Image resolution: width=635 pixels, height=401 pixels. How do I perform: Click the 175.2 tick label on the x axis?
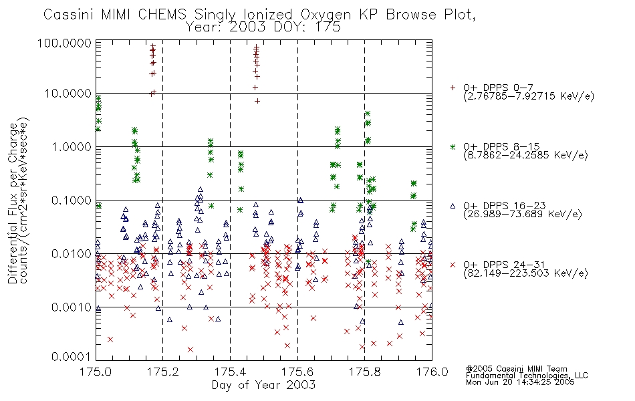[x=163, y=372]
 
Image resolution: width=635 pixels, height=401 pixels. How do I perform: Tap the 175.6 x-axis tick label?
[x=297, y=372]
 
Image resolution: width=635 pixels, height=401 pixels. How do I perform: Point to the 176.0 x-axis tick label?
[x=432, y=372]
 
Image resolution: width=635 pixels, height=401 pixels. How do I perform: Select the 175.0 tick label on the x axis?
[x=96, y=372]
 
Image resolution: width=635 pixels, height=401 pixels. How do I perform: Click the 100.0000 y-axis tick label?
[x=64, y=43]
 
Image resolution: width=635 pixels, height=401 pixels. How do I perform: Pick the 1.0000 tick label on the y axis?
[x=72, y=146]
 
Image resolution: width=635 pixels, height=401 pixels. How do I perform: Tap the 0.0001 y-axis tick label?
[x=72, y=357]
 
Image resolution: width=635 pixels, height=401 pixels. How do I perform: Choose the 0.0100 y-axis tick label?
[x=72, y=254]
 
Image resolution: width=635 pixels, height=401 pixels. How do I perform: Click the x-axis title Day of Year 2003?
[x=263, y=384]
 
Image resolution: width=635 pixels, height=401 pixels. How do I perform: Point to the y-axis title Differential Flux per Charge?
[x=13, y=203]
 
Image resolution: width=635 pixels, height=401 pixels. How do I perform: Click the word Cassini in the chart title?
[x=69, y=15]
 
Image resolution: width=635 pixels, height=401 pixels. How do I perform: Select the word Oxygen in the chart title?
[x=326, y=15]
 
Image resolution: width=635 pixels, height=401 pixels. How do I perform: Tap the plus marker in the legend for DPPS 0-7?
[x=453, y=88]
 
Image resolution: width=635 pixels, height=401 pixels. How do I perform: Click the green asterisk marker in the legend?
[x=453, y=146]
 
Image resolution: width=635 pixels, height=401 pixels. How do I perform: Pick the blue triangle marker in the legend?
[x=453, y=206]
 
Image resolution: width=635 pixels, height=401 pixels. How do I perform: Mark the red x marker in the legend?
[x=453, y=265]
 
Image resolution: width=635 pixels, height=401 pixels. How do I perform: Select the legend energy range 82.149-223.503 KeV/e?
[x=525, y=273]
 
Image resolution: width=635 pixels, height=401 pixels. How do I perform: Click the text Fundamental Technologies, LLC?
[x=527, y=376]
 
